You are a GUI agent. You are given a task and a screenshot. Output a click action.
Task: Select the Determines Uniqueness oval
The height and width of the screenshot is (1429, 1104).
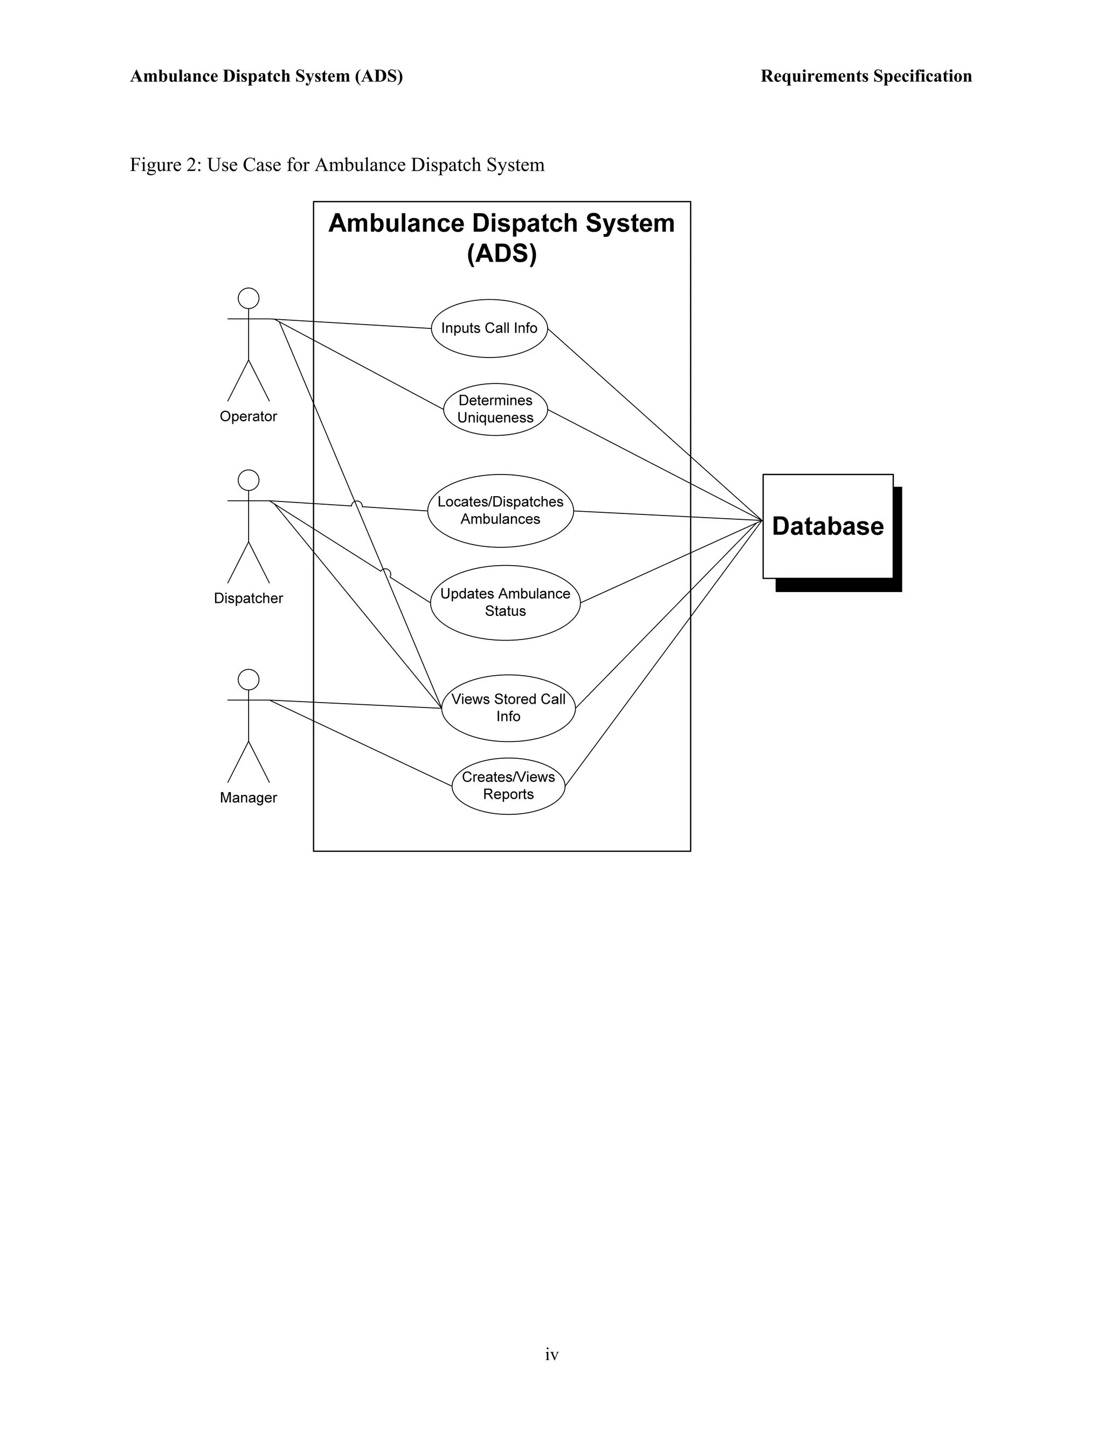click(x=495, y=410)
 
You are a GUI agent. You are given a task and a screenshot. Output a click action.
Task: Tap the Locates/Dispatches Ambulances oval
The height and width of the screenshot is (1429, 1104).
click(x=500, y=511)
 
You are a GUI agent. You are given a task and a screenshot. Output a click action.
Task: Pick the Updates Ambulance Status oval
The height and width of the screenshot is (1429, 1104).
click(x=505, y=603)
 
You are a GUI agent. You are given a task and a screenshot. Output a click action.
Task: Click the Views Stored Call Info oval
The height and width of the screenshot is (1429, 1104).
click(x=508, y=708)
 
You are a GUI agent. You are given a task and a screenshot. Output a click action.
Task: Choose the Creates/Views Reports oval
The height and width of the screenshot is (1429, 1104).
click(x=508, y=786)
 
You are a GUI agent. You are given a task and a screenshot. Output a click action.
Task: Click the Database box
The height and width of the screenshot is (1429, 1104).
click(x=827, y=527)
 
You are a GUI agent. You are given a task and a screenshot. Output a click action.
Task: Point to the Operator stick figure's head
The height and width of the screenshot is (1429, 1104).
click(x=249, y=298)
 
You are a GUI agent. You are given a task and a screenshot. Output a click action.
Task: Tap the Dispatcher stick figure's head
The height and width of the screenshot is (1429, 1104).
click(x=249, y=480)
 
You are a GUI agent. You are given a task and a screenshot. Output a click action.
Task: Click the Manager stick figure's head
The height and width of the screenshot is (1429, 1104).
click(x=249, y=680)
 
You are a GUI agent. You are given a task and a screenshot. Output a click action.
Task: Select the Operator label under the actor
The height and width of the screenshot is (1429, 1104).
click(x=249, y=417)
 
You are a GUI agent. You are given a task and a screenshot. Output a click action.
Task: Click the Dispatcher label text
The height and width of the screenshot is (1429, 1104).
click(x=249, y=599)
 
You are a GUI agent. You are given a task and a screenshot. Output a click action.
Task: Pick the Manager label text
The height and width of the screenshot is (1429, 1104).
click(x=249, y=798)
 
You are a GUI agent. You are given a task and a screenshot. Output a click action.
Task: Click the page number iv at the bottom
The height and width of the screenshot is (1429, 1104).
click(x=551, y=1355)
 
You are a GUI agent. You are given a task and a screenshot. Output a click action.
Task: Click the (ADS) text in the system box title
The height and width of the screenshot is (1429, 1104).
click(x=502, y=254)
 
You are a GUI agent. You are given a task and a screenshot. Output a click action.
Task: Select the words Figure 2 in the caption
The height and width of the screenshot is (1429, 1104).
click(x=164, y=165)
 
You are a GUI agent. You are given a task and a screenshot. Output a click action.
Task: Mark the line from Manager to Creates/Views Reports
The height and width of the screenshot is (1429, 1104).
click(x=360, y=743)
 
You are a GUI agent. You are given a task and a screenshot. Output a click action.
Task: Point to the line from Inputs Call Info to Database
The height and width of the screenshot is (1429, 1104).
click(x=654, y=424)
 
